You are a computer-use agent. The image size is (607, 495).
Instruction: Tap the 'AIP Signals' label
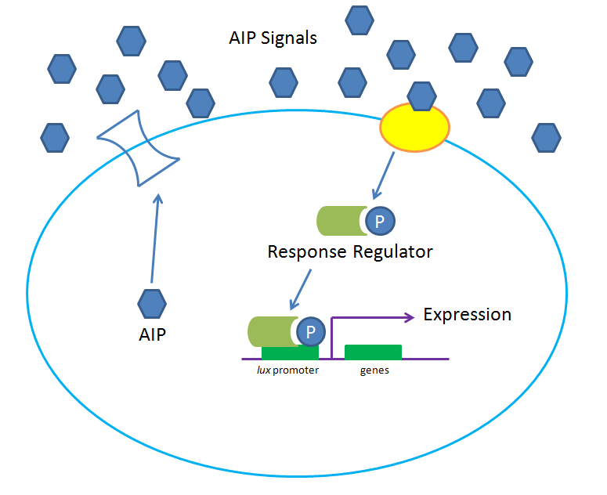click(x=273, y=38)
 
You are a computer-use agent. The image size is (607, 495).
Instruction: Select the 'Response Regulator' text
click(x=350, y=252)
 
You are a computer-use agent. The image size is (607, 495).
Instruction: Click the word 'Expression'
click(x=467, y=315)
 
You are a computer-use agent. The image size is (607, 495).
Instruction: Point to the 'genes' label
click(x=374, y=370)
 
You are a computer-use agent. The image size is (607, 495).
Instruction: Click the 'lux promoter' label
click(x=289, y=370)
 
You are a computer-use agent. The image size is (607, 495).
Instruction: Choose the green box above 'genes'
click(x=374, y=352)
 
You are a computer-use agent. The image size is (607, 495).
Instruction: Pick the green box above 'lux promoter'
click(x=290, y=352)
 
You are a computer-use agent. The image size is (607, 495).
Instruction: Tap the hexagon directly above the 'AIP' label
click(x=152, y=302)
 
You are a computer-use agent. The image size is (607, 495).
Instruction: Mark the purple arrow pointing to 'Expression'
click(x=368, y=317)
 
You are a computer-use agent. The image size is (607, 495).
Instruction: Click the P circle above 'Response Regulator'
click(x=379, y=222)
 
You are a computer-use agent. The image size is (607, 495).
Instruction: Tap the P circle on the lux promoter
click(x=310, y=331)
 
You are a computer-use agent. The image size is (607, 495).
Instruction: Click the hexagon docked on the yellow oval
click(x=422, y=96)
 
